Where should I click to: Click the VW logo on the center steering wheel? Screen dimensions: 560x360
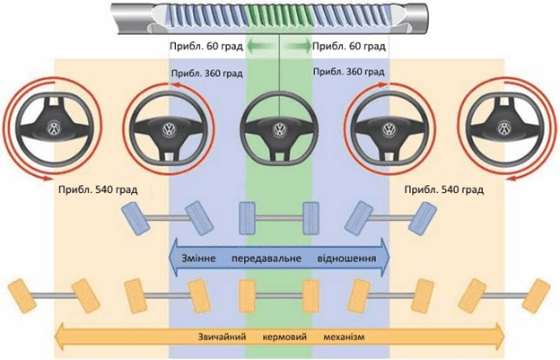(279, 129)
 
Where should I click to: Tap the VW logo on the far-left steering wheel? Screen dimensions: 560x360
(54, 127)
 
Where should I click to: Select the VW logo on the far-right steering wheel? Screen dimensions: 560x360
(504, 128)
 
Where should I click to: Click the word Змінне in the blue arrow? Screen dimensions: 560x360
(198, 258)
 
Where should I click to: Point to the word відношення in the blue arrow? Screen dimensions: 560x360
(346, 258)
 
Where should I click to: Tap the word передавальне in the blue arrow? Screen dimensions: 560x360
(266, 258)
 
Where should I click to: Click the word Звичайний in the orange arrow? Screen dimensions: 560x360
(222, 337)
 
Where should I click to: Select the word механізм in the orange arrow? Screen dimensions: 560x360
(345, 337)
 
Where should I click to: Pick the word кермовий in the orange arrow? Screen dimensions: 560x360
(284, 337)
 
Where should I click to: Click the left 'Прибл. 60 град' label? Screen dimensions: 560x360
(206, 47)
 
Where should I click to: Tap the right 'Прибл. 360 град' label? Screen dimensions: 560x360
(348, 72)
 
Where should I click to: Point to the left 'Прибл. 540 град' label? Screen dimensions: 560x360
(98, 189)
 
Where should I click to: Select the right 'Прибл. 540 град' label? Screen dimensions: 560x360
(444, 189)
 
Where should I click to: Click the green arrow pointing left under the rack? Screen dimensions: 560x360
(261, 46)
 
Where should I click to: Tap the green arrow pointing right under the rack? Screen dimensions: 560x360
(297, 46)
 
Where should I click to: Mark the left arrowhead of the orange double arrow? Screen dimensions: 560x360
(59, 337)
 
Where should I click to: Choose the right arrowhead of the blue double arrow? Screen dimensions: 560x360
(384, 258)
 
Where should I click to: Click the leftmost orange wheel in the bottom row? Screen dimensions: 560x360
(22, 296)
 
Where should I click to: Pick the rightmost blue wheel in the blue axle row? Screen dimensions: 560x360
(423, 218)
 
